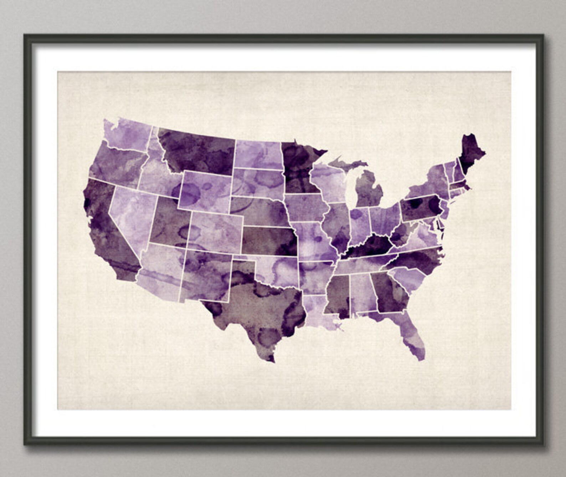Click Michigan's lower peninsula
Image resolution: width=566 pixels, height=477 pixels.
point(369,189)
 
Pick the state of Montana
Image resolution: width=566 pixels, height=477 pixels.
point(196,152)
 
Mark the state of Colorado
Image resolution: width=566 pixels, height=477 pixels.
point(216,232)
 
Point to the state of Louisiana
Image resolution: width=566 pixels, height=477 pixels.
point(317,310)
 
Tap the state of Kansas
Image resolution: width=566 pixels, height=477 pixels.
point(269,241)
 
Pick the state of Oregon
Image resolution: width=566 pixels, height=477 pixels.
point(118,164)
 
